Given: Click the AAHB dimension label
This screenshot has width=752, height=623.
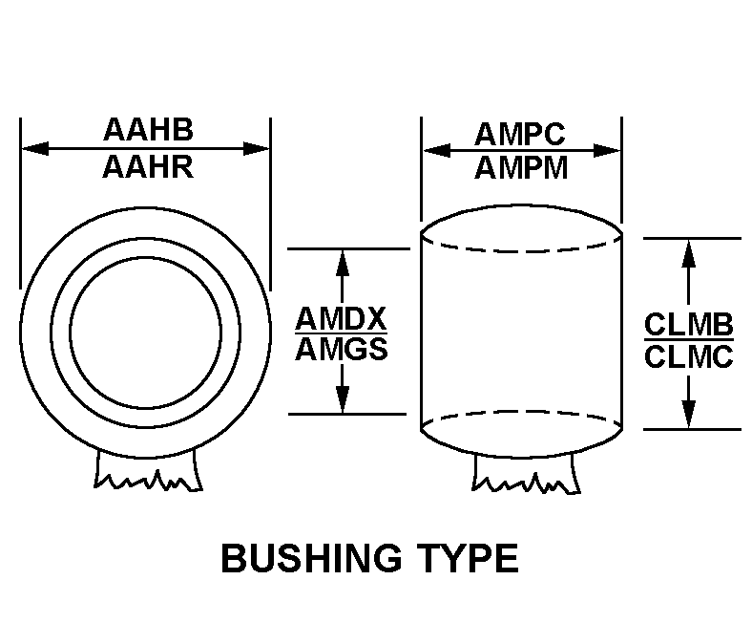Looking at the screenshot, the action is tap(148, 129).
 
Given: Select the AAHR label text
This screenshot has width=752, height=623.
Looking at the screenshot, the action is tap(148, 167).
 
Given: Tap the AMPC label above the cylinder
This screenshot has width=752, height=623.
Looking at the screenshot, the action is tap(520, 134).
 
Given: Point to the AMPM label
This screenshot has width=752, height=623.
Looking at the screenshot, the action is tap(521, 168).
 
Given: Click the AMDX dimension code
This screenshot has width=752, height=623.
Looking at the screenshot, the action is tap(341, 319).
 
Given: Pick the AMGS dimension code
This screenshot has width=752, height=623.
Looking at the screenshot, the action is tap(342, 349).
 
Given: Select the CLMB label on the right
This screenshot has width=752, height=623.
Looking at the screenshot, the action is tap(689, 325).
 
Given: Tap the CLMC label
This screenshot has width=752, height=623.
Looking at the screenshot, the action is tap(689, 357).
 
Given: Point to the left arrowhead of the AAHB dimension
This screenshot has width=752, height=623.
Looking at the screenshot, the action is tap(35, 148).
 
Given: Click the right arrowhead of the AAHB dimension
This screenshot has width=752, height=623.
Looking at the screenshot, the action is tap(256, 148).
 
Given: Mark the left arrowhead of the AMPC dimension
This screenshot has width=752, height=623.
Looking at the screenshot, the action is tap(436, 150).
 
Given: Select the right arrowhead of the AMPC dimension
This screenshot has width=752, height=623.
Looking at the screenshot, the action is tap(607, 150).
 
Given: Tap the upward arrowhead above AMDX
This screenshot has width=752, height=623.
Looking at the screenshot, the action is tap(342, 263).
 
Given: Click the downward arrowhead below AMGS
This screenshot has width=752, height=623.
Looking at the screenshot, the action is tap(342, 399).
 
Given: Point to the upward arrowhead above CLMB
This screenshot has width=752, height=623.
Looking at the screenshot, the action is tap(689, 252).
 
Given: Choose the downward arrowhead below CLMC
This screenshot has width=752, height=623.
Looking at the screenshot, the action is tap(689, 414).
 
